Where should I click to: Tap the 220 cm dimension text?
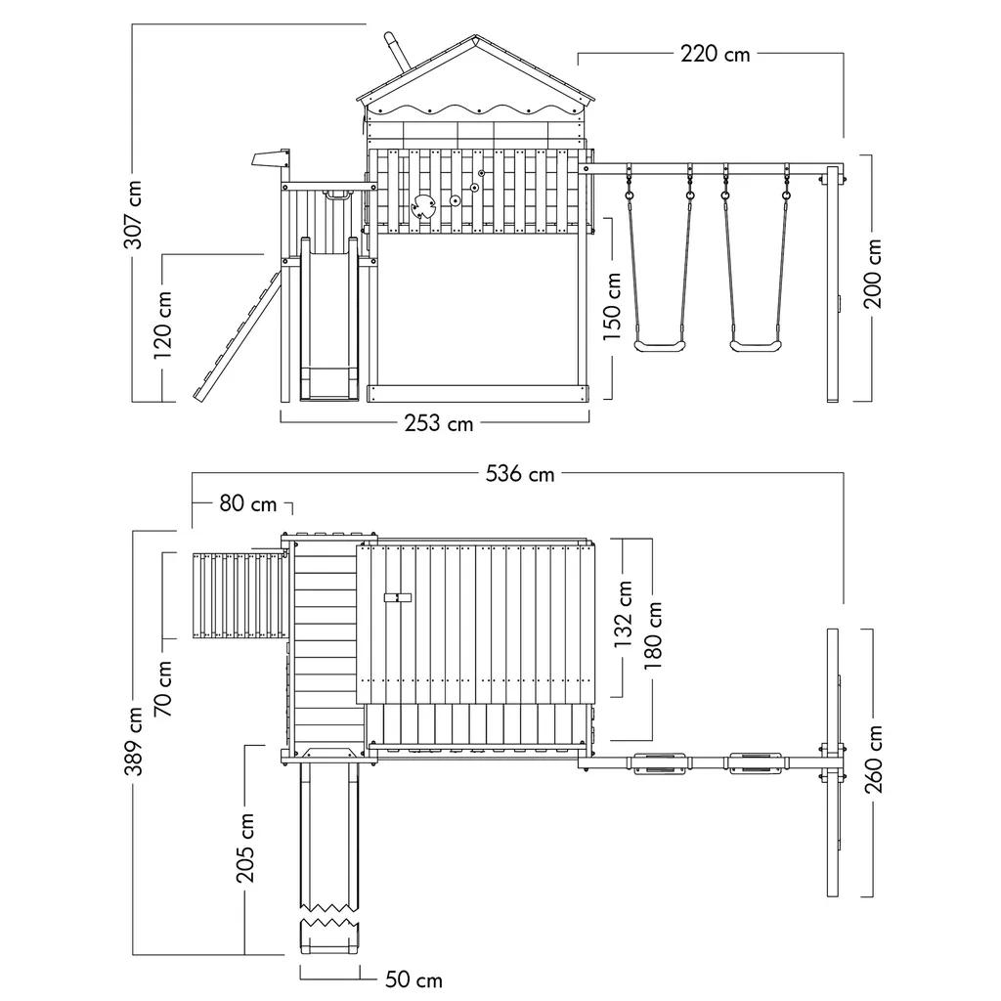tap(715, 54)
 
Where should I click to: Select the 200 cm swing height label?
tap(873, 274)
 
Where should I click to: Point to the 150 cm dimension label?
tap(613, 306)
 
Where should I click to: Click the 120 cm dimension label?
tap(163, 326)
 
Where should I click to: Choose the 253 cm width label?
tap(439, 423)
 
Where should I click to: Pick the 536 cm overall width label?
tap(520, 474)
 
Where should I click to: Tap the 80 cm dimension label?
tap(247, 504)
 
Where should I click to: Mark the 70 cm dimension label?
tap(163, 687)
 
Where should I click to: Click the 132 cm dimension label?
tap(625, 615)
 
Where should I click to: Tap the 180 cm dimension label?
tap(653, 634)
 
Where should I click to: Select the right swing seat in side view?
tap(755, 345)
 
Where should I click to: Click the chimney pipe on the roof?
tap(393, 49)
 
